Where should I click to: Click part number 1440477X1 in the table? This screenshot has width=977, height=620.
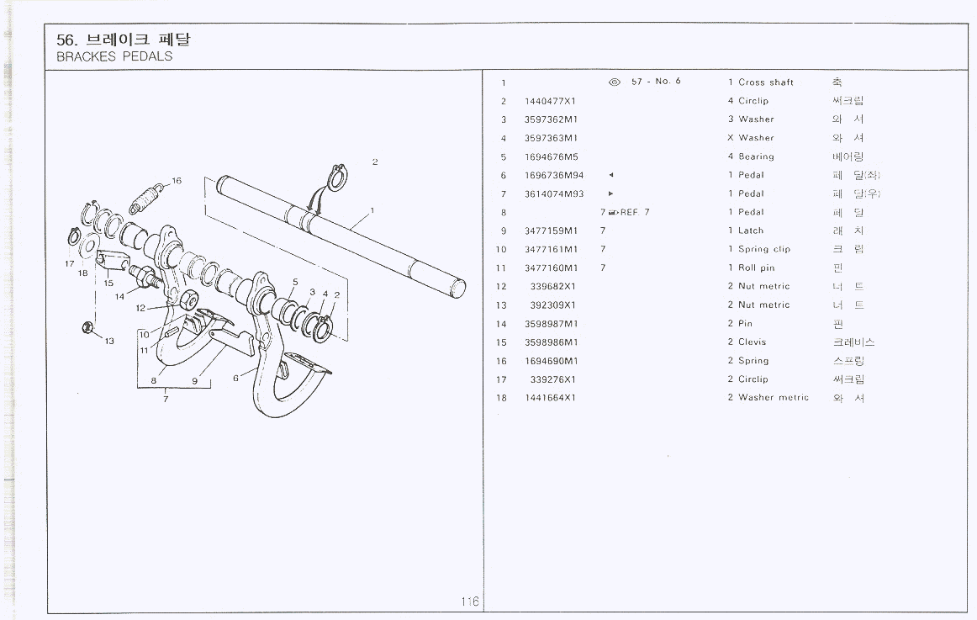click(x=549, y=101)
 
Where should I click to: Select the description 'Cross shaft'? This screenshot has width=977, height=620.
click(x=765, y=82)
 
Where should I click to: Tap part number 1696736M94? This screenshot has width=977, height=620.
click(x=553, y=175)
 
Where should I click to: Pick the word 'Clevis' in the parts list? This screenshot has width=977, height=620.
click(x=752, y=342)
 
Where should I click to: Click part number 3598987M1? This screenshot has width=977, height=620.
click(x=551, y=324)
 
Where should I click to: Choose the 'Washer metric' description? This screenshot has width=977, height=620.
click(x=773, y=398)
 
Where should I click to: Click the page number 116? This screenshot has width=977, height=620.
click(x=469, y=601)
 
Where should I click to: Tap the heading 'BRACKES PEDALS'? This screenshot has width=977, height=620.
click(x=114, y=57)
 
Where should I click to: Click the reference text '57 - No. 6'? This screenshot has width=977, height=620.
click(x=656, y=82)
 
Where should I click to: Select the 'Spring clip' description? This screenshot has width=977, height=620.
click(x=763, y=250)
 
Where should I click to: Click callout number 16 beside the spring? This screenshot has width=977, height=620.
click(x=176, y=181)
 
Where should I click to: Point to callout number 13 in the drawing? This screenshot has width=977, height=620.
click(x=109, y=341)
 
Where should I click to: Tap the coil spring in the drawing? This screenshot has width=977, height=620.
click(x=145, y=201)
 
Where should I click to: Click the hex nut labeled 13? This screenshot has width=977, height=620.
click(x=88, y=327)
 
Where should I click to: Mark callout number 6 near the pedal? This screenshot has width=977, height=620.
click(x=235, y=378)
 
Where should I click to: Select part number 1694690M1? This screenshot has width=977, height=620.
click(x=551, y=361)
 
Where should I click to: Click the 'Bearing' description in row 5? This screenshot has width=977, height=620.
click(x=756, y=156)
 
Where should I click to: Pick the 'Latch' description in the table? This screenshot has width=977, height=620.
click(x=751, y=231)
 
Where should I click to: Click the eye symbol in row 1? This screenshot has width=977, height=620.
click(x=614, y=82)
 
